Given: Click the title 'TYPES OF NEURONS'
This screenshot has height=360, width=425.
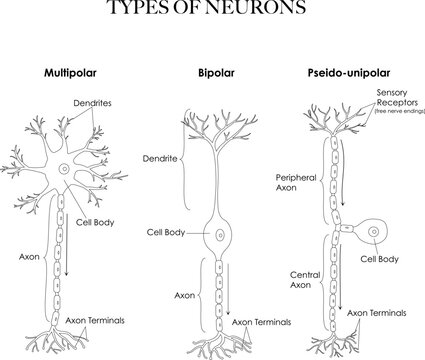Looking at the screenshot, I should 211,11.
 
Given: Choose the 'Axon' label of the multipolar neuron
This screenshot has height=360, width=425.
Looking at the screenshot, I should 29,256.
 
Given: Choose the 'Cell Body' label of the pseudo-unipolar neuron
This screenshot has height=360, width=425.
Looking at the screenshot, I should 380,259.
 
